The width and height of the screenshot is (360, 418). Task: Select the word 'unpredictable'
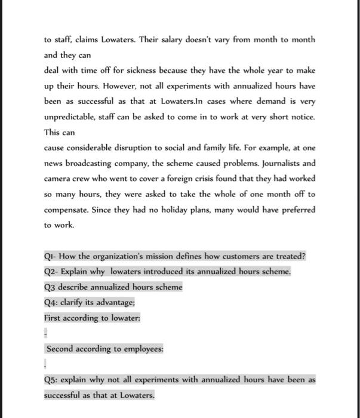coord(72,116)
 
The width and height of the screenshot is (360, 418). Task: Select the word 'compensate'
coord(67,210)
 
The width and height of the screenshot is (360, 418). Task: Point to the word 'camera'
coord(59,179)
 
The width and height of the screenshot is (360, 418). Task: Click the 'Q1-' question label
coord(52,256)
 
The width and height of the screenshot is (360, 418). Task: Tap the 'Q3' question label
coord(51,287)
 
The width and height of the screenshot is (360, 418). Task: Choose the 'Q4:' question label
coord(52,302)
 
